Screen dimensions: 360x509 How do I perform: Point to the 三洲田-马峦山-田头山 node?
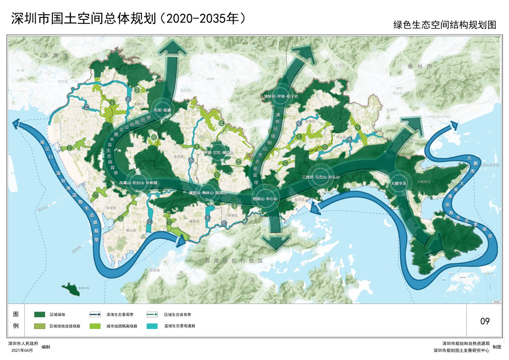point(320,177)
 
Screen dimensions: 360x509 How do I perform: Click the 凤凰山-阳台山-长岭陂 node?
point(135,182)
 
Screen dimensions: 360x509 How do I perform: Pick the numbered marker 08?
point(150,222)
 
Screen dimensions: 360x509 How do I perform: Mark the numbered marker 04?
point(87,107)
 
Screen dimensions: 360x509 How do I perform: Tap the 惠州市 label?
point(423,67)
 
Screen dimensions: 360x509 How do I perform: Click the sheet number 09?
point(485,321)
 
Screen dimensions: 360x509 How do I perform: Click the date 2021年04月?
point(21,351)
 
